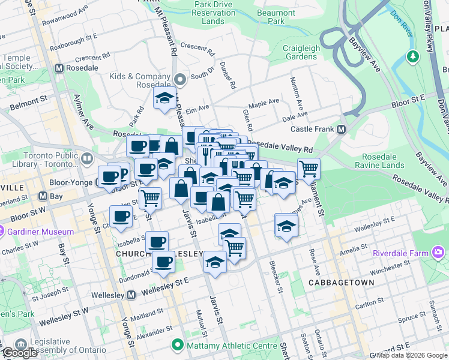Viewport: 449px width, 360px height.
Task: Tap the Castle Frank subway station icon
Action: (x=342, y=130)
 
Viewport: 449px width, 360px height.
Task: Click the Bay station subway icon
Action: (x=43, y=196)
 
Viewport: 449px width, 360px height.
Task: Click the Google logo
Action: (x=19, y=353)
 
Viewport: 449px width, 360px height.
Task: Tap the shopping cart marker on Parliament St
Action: (x=309, y=169)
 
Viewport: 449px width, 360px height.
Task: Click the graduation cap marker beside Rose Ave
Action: (x=287, y=226)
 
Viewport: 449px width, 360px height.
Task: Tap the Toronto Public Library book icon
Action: (x=87, y=158)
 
